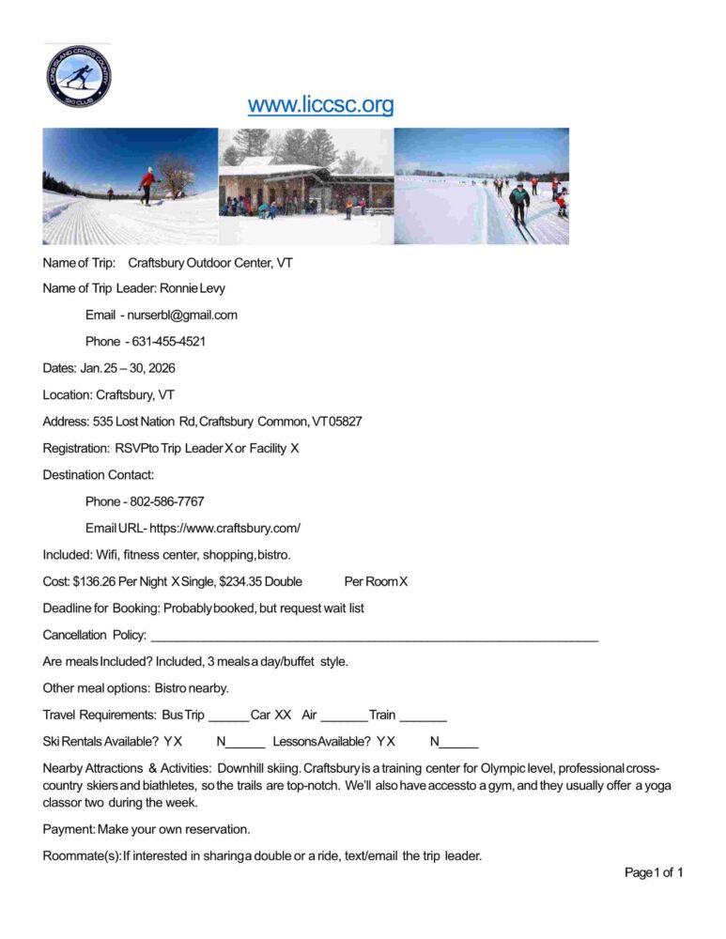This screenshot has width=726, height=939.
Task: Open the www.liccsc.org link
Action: [x=320, y=104]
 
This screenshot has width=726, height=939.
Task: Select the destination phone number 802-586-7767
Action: [x=166, y=501]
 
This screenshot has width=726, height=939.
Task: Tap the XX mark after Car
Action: [x=283, y=716]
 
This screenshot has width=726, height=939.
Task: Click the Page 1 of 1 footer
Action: [x=654, y=873]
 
